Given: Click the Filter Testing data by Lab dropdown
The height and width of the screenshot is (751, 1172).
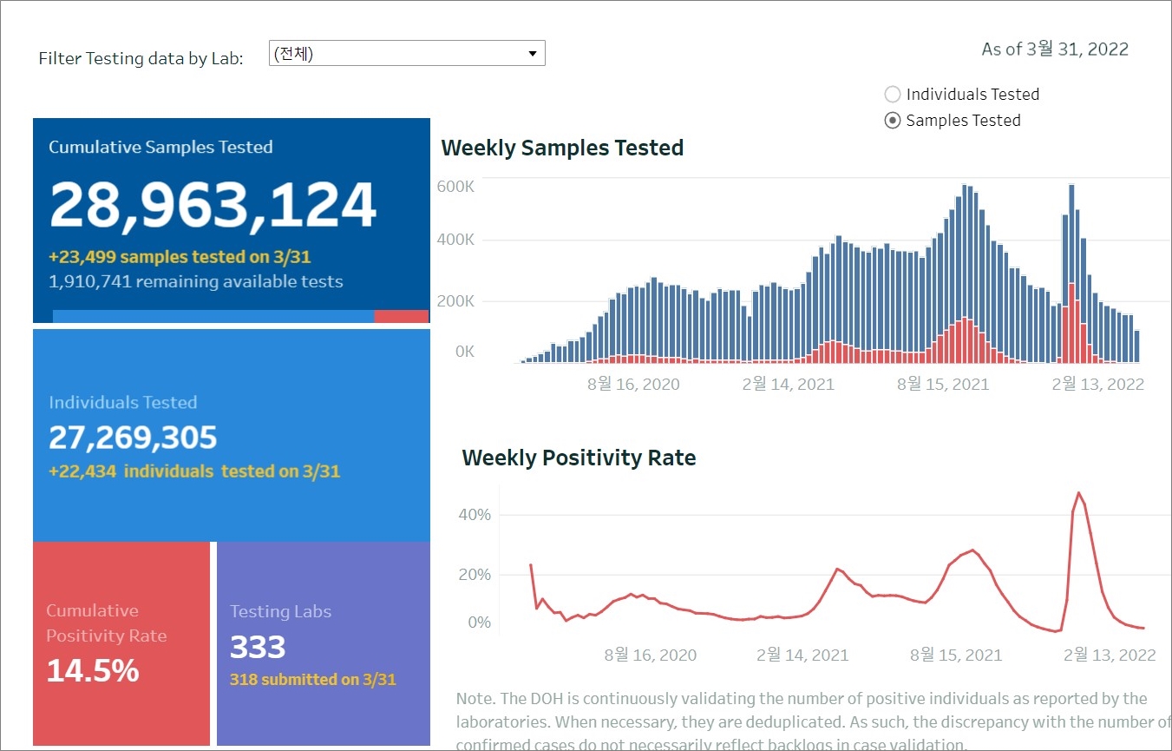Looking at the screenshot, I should [407, 54].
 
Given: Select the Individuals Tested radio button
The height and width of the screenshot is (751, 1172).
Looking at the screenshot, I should [893, 95].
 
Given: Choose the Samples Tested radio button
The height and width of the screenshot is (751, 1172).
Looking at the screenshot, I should [893, 121].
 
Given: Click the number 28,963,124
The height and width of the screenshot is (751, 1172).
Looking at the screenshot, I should [213, 206].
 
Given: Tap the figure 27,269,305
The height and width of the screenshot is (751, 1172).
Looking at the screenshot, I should [133, 438].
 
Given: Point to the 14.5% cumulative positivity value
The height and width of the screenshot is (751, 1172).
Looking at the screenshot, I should [93, 671].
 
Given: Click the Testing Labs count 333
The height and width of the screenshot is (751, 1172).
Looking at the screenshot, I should [258, 648].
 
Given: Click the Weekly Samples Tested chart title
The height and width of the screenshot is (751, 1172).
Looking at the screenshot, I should [562, 148].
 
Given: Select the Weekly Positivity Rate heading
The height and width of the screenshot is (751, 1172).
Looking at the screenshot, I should [579, 458].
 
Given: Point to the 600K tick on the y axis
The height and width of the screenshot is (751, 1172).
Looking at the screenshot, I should [455, 187].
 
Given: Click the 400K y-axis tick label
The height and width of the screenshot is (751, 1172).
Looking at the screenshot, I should [455, 240].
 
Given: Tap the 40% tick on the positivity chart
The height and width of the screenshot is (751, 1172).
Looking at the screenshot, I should [475, 515].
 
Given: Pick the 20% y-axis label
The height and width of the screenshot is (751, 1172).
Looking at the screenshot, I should [475, 575].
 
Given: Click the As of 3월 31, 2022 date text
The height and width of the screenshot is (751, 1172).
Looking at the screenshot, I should [1054, 49].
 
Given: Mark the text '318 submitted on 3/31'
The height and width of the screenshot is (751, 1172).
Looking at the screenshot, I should [312, 680].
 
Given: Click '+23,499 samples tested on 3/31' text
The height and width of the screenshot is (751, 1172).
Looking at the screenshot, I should [180, 257].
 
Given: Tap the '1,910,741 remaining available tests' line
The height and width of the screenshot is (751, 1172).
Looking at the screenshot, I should [196, 281].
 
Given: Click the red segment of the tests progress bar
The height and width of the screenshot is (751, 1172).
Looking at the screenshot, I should [401, 317].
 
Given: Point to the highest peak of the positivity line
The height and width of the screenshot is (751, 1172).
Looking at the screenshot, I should [1079, 493].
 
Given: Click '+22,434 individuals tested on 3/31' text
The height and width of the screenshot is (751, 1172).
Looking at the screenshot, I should [194, 471].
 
